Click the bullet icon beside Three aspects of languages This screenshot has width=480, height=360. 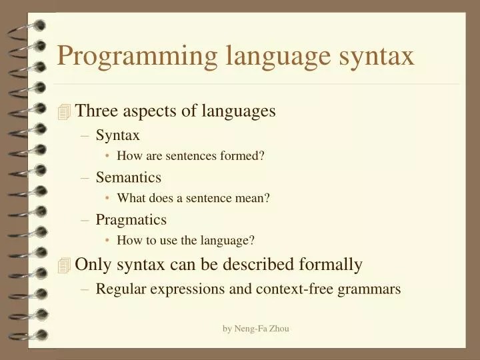pyautogui.click(x=64, y=112)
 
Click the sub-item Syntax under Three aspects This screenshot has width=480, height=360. pyautogui.click(x=117, y=135)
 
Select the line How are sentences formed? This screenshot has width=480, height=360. pyautogui.click(x=191, y=156)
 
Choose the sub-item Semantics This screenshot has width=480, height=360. pyautogui.click(x=128, y=177)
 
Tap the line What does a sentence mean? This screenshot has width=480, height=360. pyautogui.click(x=193, y=198)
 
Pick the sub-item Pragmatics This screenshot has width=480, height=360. pyautogui.click(x=131, y=219)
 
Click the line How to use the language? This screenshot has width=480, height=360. pyautogui.click(x=186, y=240)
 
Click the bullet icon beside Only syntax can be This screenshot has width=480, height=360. pyautogui.click(x=64, y=265)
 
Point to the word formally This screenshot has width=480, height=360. pyautogui.click(x=331, y=265)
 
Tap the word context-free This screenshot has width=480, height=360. pyautogui.click(x=295, y=289)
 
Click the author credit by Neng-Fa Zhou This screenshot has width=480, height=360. pyautogui.click(x=256, y=329)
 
